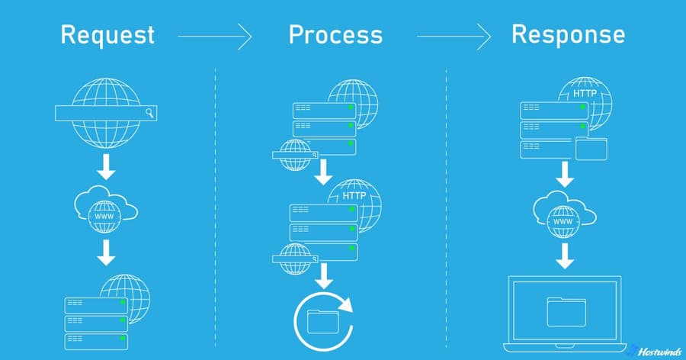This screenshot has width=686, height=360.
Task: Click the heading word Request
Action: [x=107, y=34]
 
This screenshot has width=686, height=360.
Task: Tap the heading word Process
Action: [x=335, y=34]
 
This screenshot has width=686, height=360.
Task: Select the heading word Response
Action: [x=569, y=34]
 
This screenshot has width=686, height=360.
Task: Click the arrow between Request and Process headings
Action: [x=214, y=35]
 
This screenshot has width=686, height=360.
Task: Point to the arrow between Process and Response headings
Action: [x=453, y=35]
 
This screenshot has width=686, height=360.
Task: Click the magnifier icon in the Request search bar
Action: [x=150, y=114]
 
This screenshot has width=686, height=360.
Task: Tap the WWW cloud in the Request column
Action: [x=106, y=206]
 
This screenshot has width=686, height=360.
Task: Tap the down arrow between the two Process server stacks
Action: [x=323, y=172]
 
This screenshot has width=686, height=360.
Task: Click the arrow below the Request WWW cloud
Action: [x=107, y=252]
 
